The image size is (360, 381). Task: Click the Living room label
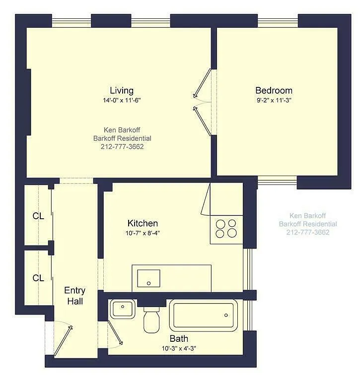pyautogui.click(x=122, y=90)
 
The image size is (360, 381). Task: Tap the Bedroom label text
pyautogui.click(x=274, y=90)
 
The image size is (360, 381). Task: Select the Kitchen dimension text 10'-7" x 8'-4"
pyautogui.click(x=143, y=233)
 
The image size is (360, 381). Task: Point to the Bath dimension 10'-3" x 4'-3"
pyautogui.click(x=179, y=348)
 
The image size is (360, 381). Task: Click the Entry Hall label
pyautogui.click(x=75, y=296)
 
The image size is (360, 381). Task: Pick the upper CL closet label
pyautogui.click(x=38, y=216)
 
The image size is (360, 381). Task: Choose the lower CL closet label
pyautogui.click(x=38, y=278)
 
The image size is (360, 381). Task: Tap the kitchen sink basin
pyautogui.click(x=148, y=278)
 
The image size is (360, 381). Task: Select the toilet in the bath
pyautogui.click(x=151, y=319)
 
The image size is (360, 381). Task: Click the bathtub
pyautogui.click(x=204, y=316)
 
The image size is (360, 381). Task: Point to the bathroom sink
pyautogui.click(x=123, y=309)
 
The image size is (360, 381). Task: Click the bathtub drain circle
pyautogui.click(x=226, y=315)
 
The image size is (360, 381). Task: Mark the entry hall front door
pyautogui.click(x=63, y=341)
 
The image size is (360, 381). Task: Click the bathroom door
pyautogui.click(x=115, y=333)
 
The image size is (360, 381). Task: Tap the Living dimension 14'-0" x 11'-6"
pyautogui.click(x=122, y=100)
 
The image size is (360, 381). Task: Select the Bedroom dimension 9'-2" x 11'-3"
pyautogui.click(x=274, y=100)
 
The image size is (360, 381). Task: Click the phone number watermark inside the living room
pyautogui.click(x=122, y=147)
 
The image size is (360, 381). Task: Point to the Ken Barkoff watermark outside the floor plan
pyautogui.click(x=308, y=215)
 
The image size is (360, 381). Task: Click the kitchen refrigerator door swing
pyautogui.click(x=206, y=199)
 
